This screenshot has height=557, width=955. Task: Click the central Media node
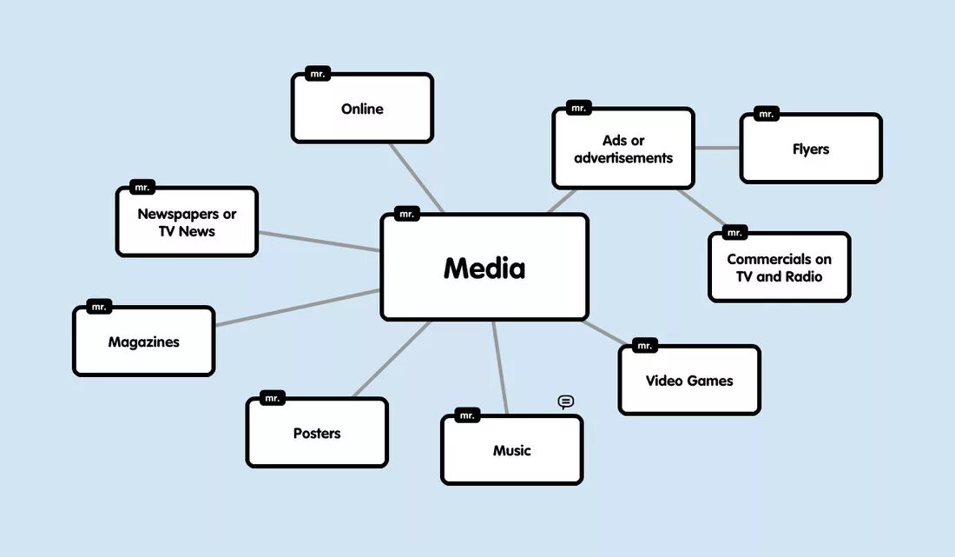(484, 268)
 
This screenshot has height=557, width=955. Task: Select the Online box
(362, 109)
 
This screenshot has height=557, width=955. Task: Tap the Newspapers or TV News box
(187, 222)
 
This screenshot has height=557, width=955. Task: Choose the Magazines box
(143, 341)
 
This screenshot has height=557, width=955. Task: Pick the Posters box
(317, 433)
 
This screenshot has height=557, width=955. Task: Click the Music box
(511, 450)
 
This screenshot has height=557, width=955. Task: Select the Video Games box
(689, 381)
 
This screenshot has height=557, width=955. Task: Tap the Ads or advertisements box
(623, 149)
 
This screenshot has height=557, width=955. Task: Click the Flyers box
(811, 149)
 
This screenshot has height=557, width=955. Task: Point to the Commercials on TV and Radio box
(779, 268)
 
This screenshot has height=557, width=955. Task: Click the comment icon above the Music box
(566, 401)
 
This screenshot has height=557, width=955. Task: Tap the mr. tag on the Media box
(406, 214)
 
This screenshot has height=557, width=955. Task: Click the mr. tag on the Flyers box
(766, 114)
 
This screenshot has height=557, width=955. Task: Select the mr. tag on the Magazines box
(99, 307)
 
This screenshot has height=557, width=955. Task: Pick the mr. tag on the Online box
(318, 74)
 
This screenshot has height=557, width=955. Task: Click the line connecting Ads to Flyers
(717, 148)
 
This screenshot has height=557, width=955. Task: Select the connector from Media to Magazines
(298, 308)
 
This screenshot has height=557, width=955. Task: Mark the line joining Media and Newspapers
(319, 241)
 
